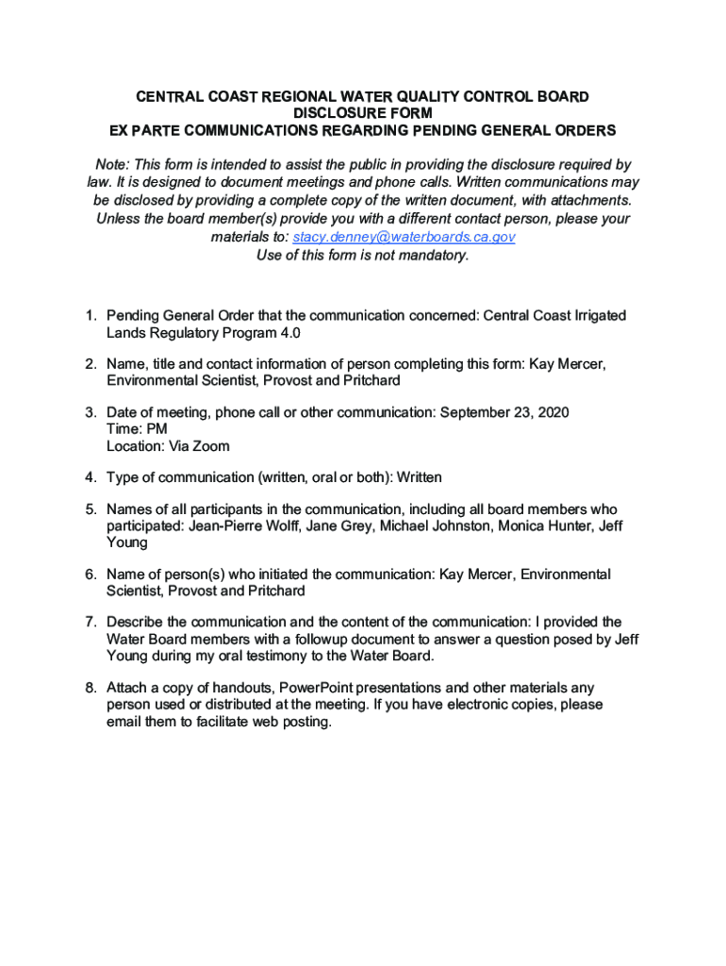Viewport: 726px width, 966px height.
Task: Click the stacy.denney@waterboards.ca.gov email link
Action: [x=404, y=237]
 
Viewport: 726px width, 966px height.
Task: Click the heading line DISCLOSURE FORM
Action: [x=363, y=113]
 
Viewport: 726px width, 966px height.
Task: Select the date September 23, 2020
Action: [x=504, y=412]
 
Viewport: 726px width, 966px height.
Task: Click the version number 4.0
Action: [x=290, y=333]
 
